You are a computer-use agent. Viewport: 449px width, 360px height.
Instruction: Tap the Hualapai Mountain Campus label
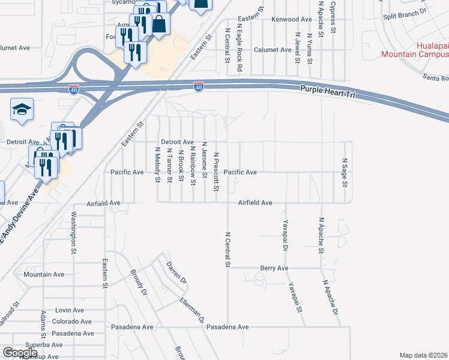pos(415,50)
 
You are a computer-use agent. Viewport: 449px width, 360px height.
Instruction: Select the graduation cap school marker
pos(22,109)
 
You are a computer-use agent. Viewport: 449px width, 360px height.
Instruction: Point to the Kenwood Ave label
pos(292,19)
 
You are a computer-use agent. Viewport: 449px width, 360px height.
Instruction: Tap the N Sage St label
pos(345,172)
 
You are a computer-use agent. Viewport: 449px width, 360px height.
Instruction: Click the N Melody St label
pos(157,165)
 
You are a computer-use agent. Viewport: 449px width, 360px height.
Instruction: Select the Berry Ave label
pos(274,268)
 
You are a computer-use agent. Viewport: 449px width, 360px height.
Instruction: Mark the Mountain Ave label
pos(44,274)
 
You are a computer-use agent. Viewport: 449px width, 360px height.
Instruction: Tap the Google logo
pos(20,352)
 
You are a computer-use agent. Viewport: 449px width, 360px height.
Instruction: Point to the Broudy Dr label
pos(139,283)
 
